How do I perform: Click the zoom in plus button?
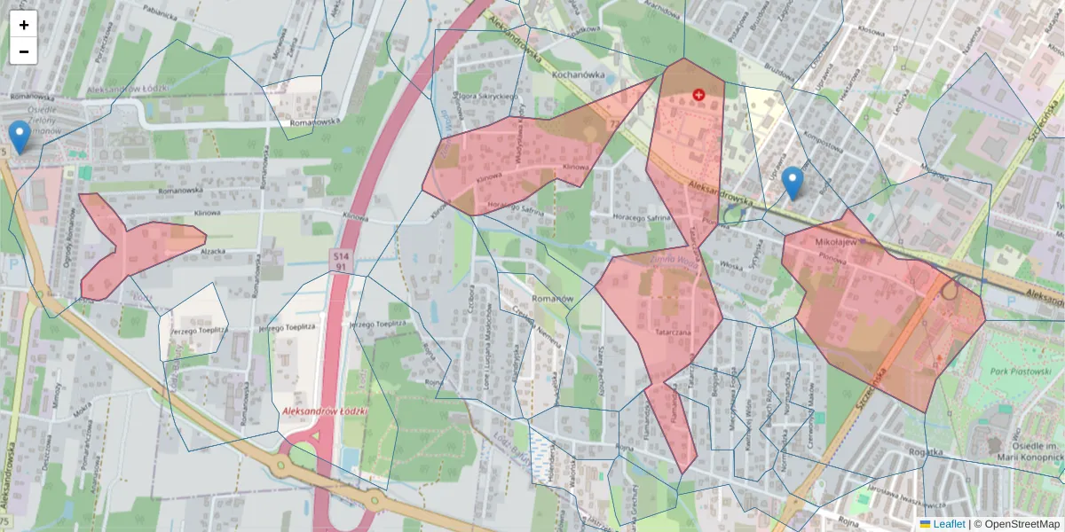point(23,25)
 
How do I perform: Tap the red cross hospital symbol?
point(698,94)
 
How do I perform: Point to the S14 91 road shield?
point(342,261)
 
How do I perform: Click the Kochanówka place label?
point(578,74)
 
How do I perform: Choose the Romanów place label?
point(550,300)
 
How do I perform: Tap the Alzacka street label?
point(215,252)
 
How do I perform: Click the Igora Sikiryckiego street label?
point(487,96)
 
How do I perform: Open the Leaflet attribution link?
point(949,524)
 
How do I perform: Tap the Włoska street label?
point(730,264)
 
